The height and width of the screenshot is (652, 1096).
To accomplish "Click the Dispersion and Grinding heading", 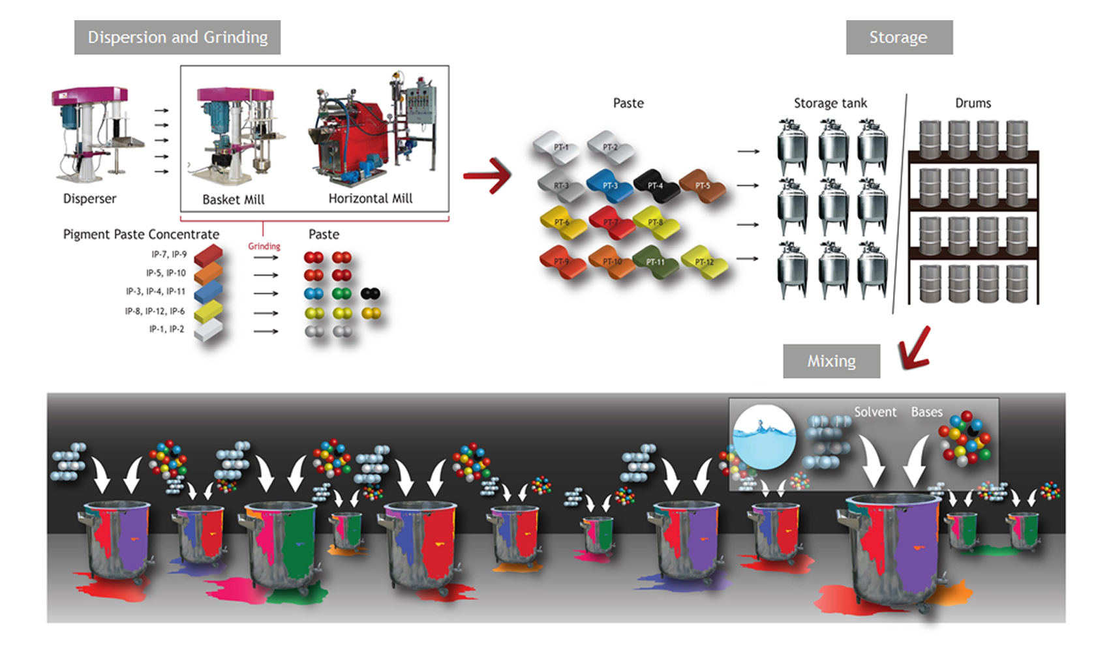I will click(177, 37).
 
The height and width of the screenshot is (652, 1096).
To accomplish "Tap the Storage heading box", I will click(898, 37).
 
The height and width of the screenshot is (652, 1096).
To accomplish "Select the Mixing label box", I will click(831, 361).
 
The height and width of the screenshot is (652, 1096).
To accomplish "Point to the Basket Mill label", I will click(234, 200).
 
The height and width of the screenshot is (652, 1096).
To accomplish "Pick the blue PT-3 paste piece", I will click(610, 185).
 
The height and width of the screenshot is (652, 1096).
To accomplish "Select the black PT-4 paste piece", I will click(656, 185).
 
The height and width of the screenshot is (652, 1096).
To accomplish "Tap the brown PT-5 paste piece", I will click(703, 185).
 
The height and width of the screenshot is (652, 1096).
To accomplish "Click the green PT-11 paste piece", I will click(656, 262).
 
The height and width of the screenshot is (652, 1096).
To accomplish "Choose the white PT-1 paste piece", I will click(559, 147).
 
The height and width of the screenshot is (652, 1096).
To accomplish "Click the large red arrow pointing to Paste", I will click(488, 175).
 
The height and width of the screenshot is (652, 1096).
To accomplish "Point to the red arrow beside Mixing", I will click(915, 348).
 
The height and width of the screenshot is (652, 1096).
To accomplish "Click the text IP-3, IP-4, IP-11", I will click(155, 291).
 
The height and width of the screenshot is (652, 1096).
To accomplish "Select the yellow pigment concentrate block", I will click(209, 312).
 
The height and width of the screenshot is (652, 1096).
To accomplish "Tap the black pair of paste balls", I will click(370, 293).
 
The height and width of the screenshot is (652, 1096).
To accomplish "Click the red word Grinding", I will click(264, 246).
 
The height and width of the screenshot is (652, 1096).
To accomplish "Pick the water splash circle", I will click(764, 436).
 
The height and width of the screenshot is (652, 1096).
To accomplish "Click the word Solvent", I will click(875, 412).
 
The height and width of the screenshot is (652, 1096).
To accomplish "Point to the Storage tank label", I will click(830, 103).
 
